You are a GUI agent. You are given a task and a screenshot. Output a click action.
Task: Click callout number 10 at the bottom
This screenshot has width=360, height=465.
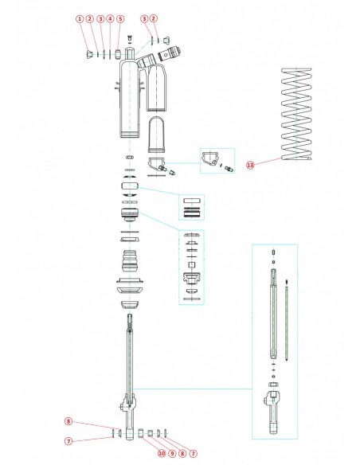tap(161, 453)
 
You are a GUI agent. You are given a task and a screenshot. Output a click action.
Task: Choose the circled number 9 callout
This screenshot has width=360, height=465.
tap(171, 453)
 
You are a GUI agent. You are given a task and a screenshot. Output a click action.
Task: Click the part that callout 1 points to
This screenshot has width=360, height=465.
tap(88, 54)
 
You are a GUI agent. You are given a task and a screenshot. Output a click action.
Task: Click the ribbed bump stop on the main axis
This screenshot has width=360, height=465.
tap(131, 262)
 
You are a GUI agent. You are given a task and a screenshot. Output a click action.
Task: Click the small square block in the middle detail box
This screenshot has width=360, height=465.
tap(191, 262)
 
